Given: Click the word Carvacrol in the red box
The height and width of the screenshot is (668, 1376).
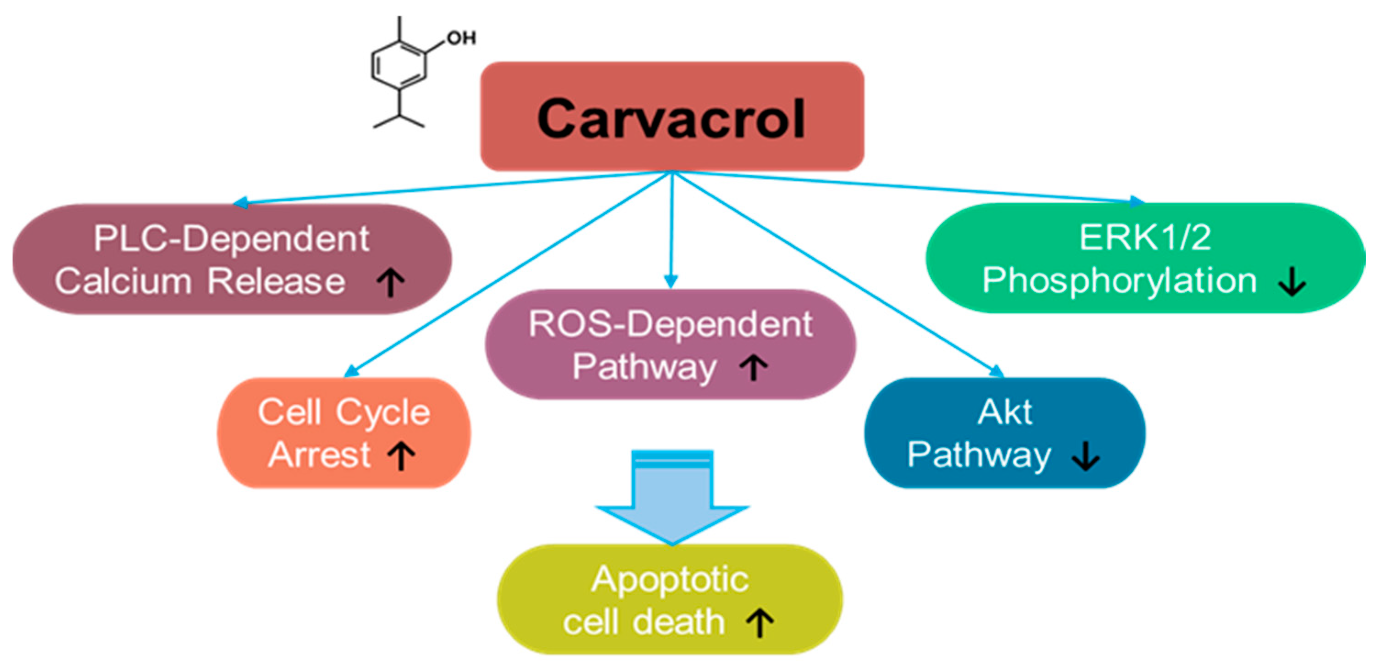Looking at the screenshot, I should pos(671,119).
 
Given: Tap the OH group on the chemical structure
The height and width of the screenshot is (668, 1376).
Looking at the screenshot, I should pos(461,38).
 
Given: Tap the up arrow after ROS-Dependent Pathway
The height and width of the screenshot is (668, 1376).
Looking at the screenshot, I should pos(754,367).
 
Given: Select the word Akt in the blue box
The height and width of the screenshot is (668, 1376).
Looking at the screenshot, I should pos(1005,412).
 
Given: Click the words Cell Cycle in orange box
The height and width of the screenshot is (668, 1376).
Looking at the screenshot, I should pos(344,412).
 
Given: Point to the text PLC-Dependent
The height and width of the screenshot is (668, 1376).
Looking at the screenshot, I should pos(231,239).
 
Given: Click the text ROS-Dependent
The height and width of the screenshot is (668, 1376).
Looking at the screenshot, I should pos(671,324).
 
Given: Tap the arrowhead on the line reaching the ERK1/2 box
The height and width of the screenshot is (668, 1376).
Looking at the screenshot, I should pos(1137,201).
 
